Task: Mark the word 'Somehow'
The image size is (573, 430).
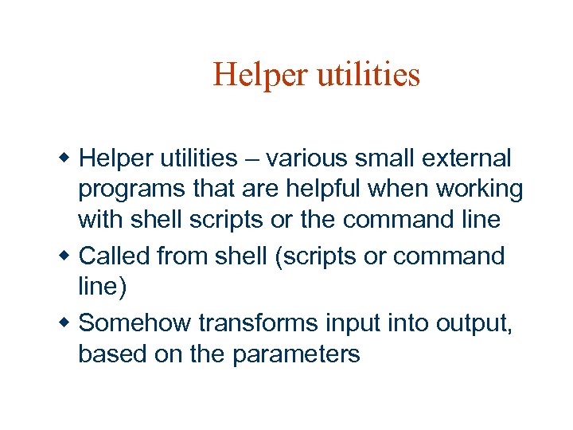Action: [136, 322]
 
